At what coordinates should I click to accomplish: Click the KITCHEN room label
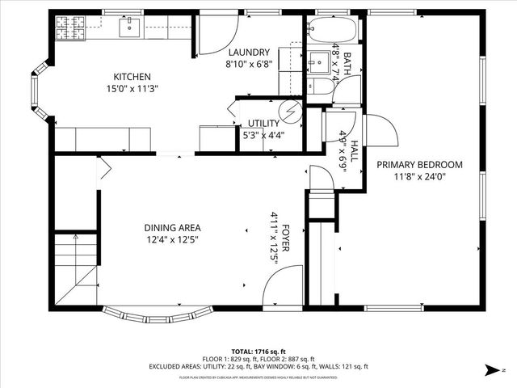132,77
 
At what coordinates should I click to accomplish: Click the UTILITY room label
263,124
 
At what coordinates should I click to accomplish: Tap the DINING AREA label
172,228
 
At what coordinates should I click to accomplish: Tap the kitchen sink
129,29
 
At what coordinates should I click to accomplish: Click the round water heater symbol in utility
288,109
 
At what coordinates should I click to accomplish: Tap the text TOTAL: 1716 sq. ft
258,352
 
